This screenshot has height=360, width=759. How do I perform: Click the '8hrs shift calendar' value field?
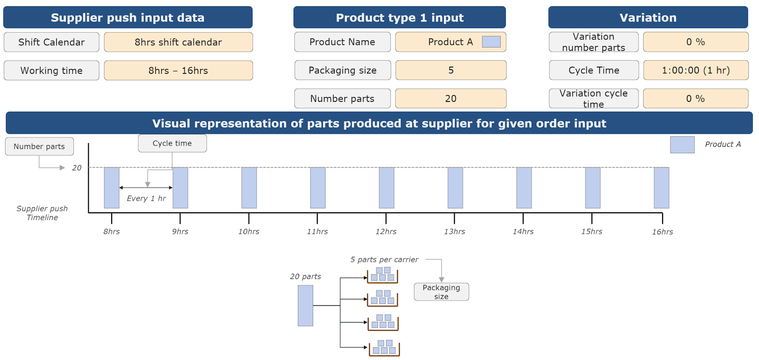pos(178,42)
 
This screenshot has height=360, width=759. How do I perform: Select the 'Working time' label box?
pos(51,70)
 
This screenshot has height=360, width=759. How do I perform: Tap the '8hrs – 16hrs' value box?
pos(178,70)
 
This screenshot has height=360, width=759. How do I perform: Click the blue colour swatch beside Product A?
pos(491,42)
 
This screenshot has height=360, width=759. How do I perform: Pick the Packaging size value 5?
pos(451,70)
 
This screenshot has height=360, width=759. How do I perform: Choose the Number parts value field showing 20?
pos(451,98)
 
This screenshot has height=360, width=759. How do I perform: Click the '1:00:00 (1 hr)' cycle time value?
pos(695,70)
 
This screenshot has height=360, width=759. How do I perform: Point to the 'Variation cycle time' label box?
pos(593,98)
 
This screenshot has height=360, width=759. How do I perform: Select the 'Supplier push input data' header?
pos(128,17)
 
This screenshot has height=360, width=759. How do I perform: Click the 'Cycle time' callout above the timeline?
pos(172,143)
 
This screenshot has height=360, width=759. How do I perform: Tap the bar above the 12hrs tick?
pos(387,188)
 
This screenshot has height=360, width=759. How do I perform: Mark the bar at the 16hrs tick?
pos(661,188)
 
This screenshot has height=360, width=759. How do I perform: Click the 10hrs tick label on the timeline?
pos(249,231)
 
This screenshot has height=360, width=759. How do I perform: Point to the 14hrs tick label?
pos(523,231)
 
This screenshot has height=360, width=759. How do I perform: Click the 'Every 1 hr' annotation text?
pos(146,198)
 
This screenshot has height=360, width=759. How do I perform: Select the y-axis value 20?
pos(77,168)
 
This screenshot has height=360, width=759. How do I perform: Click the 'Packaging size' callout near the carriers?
pos(441,292)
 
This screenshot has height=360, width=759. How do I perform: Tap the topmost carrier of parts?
pos(383,275)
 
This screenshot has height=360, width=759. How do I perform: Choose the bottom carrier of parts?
pos(384,348)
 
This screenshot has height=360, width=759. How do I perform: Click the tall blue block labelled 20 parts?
pos(305,306)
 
